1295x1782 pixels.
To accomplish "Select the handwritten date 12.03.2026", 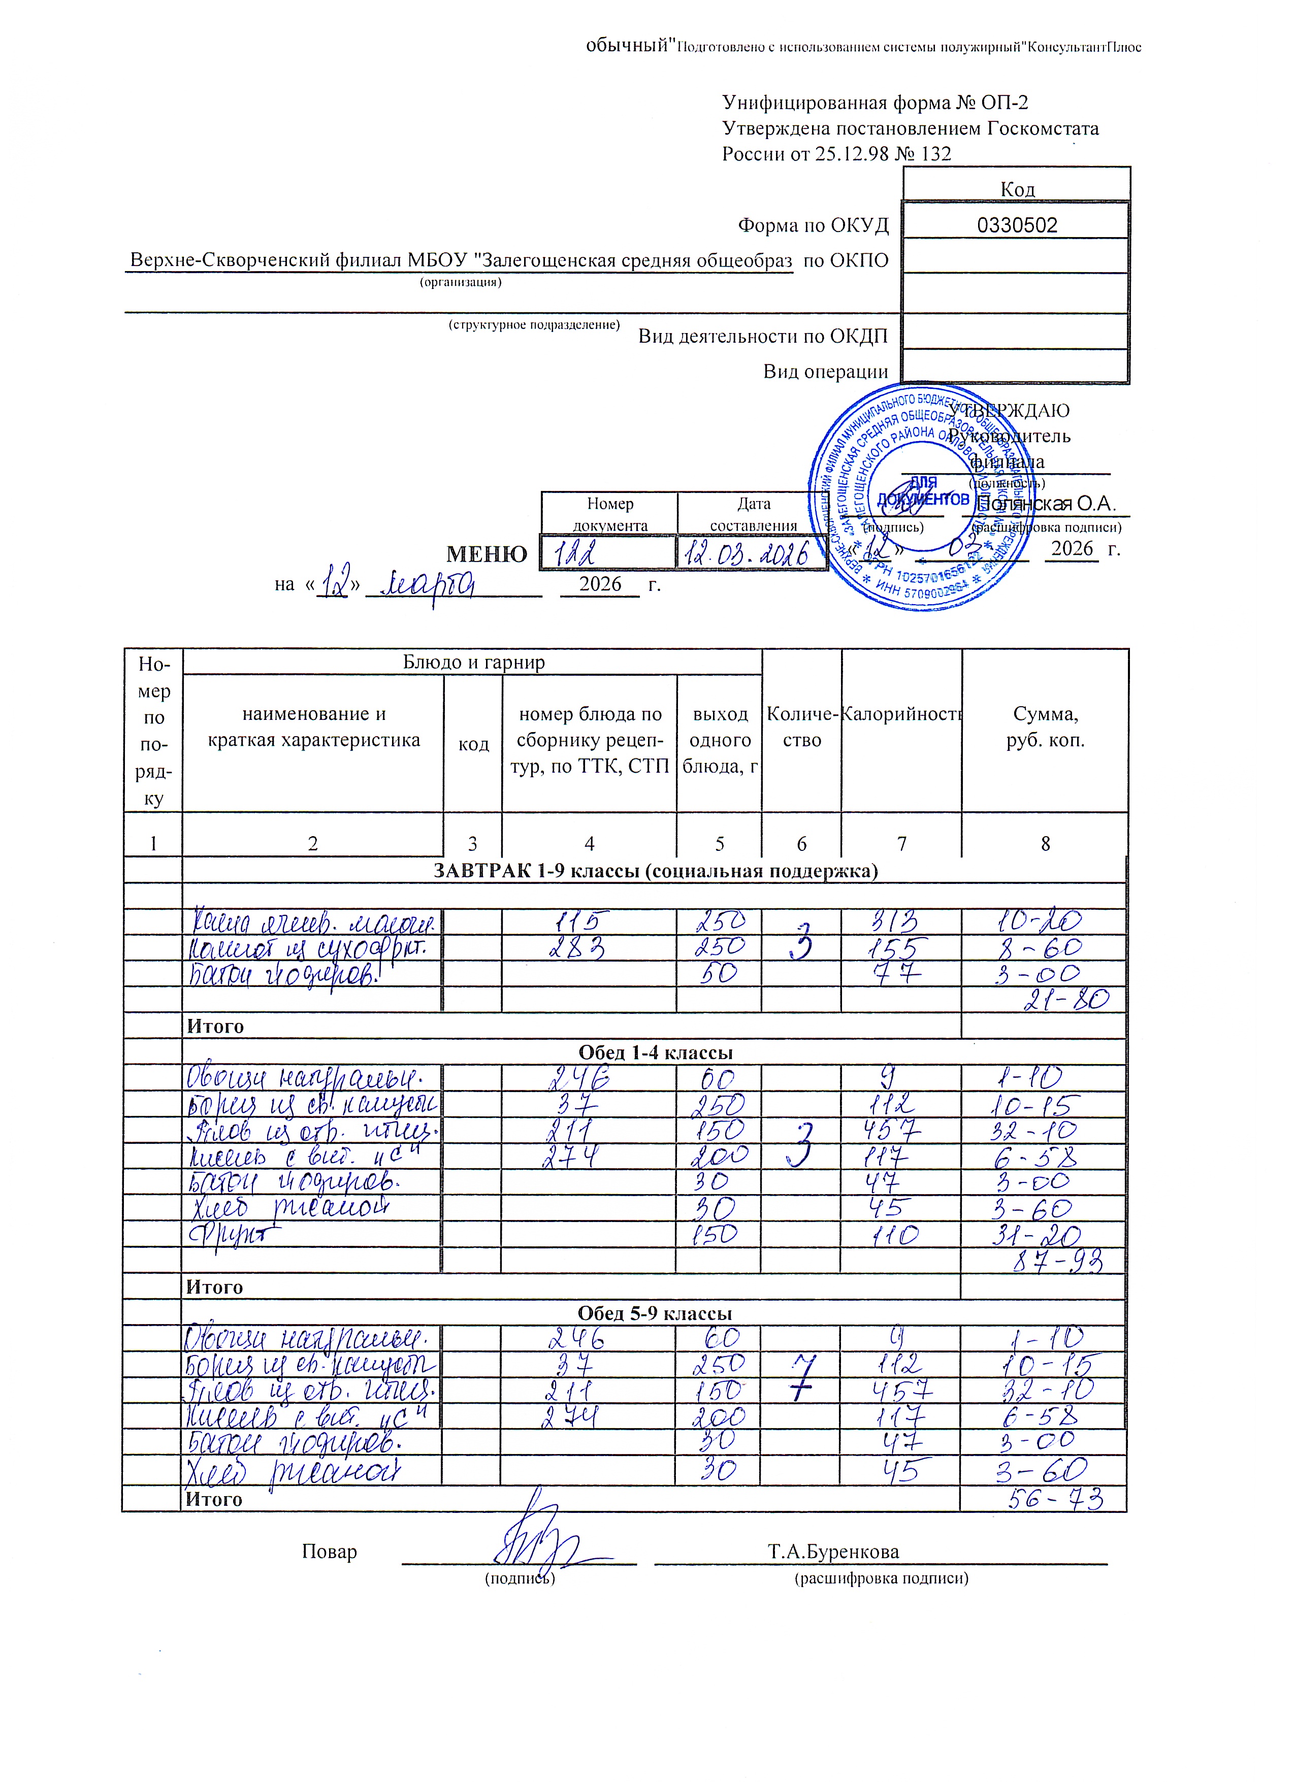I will click(747, 555).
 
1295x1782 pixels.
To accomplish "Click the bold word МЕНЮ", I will click(487, 555).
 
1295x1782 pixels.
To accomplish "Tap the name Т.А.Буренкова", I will click(833, 1552).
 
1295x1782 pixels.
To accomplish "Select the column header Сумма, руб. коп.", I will click(1045, 727).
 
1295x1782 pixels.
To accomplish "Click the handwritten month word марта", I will click(428, 584).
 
